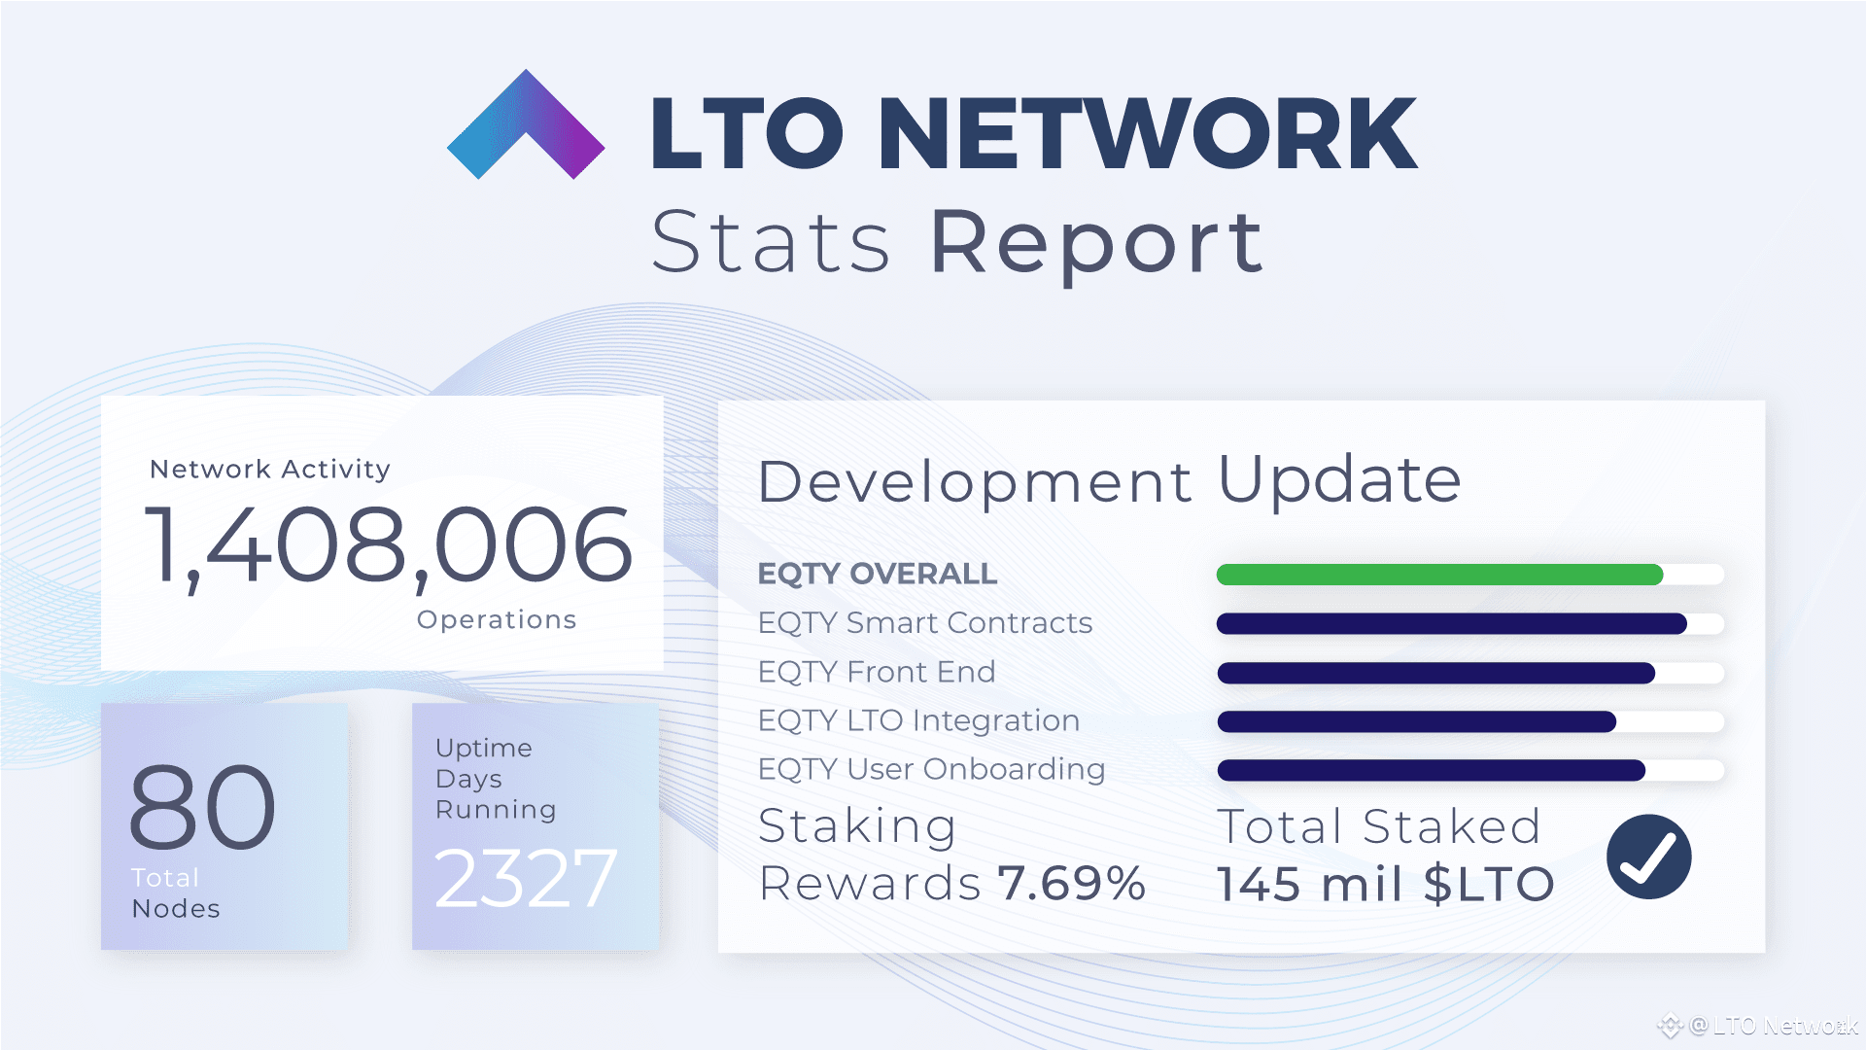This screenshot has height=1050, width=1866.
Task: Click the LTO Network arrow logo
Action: pos(525,126)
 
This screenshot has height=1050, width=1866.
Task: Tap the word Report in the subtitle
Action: pos(1096,243)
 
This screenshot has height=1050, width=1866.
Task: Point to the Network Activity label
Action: pos(270,469)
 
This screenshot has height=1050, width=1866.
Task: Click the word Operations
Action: pos(497,619)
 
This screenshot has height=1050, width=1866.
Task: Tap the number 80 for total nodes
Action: pos(202,807)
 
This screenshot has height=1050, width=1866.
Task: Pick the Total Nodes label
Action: pos(175,892)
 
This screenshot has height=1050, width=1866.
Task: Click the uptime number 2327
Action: pos(525,879)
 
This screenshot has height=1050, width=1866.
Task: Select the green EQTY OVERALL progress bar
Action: pos(1439,575)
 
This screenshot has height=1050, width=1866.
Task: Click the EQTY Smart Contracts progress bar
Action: pos(1451,624)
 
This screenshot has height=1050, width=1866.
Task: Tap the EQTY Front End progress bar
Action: pos(1435,673)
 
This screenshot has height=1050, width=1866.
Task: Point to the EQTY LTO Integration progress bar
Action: pos(1416,721)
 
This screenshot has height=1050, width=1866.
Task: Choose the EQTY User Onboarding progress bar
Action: pos(1431,770)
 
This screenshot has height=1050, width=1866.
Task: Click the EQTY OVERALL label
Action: pos(877,574)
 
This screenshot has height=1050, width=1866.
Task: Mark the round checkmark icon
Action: pos(1648,857)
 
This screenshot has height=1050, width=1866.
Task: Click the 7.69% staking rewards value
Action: pos(1072,883)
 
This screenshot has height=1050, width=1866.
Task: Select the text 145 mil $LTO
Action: pos(1386,884)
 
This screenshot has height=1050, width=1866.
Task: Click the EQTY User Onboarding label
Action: pos(931,769)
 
